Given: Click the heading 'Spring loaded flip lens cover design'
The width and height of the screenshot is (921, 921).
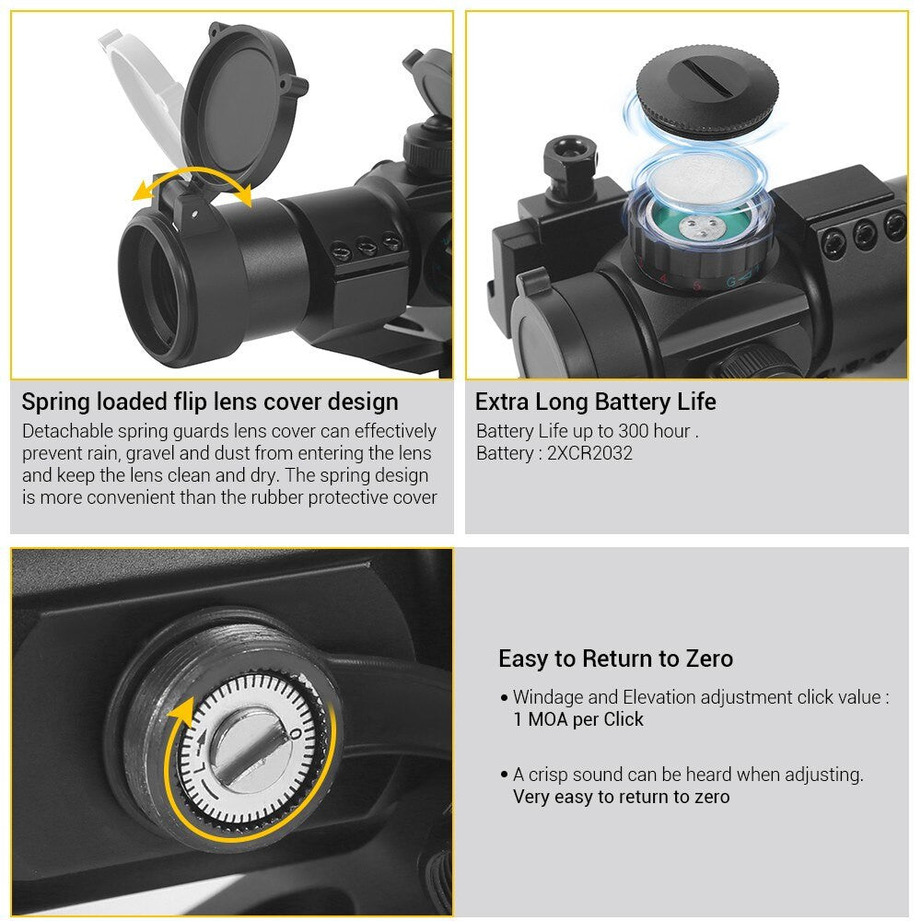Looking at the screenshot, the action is click(x=210, y=402).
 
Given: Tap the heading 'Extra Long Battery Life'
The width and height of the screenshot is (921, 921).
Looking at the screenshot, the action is click(x=596, y=402).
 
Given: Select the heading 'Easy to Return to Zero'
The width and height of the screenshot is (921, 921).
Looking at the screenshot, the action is click(x=615, y=659).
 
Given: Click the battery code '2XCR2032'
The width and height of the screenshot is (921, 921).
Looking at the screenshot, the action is click(x=589, y=453).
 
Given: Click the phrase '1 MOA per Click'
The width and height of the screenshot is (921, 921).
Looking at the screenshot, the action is click(x=578, y=719).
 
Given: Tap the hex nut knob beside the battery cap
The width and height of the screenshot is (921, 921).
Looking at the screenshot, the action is click(x=570, y=160).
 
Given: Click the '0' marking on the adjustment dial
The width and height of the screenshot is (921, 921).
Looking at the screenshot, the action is click(x=296, y=734).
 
